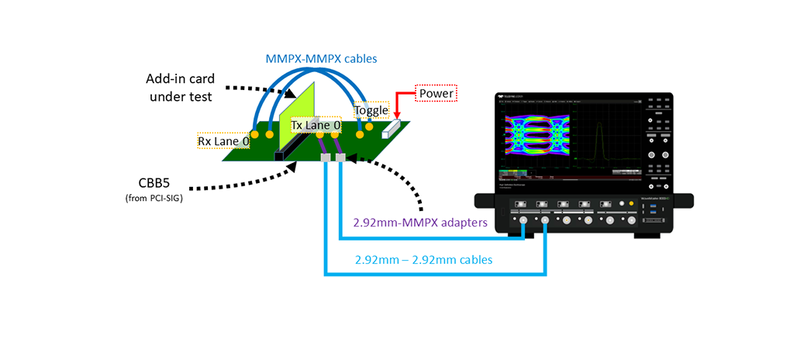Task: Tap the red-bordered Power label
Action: [437, 94]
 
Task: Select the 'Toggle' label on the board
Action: [371, 109]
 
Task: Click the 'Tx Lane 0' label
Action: [316, 125]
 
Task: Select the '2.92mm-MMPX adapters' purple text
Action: [420, 223]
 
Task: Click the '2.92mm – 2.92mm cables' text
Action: [423, 260]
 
